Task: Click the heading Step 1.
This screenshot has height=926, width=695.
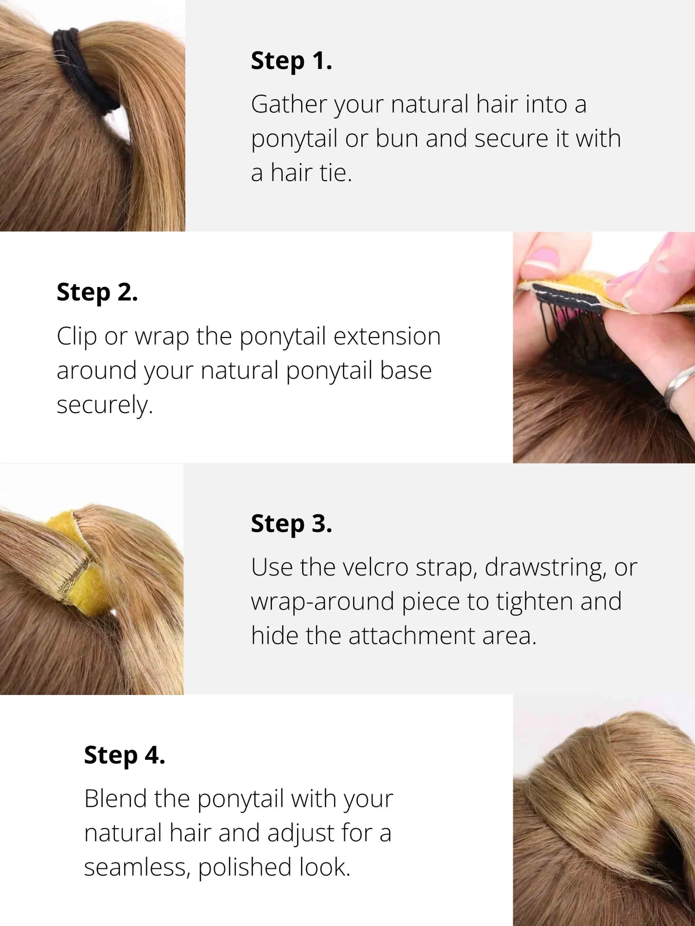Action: [291, 61]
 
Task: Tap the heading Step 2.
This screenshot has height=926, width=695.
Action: [97, 292]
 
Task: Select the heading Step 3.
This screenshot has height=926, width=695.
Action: [291, 524]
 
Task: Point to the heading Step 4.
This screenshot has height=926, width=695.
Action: [125, 755]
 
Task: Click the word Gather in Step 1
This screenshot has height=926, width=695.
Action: [289, 104]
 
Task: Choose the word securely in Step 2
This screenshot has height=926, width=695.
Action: [105, 405]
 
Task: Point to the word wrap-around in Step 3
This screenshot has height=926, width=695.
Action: [322, 602]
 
